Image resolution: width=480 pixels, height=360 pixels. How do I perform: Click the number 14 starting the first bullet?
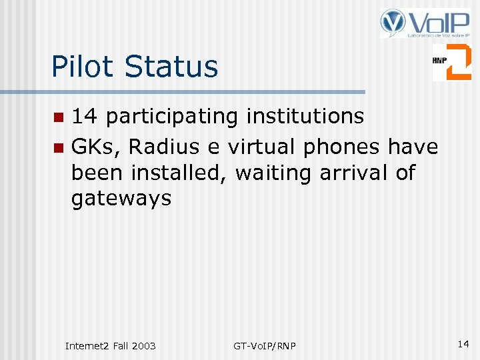pyautogui.click(x=85, y=117)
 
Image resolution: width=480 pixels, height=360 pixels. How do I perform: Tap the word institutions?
pyautogui.click(x=305, y=117)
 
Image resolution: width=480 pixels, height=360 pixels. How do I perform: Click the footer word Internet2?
pyautogui.click(x=88, y=345)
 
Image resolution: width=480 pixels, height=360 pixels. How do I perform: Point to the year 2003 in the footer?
pyautogui.click(x=144, y=345)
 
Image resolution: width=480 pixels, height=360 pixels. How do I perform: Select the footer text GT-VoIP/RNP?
pyautogui.click(x=265, y=345)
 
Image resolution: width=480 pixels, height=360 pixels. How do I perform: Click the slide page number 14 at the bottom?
pyautogui.click(x=463, y=344)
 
